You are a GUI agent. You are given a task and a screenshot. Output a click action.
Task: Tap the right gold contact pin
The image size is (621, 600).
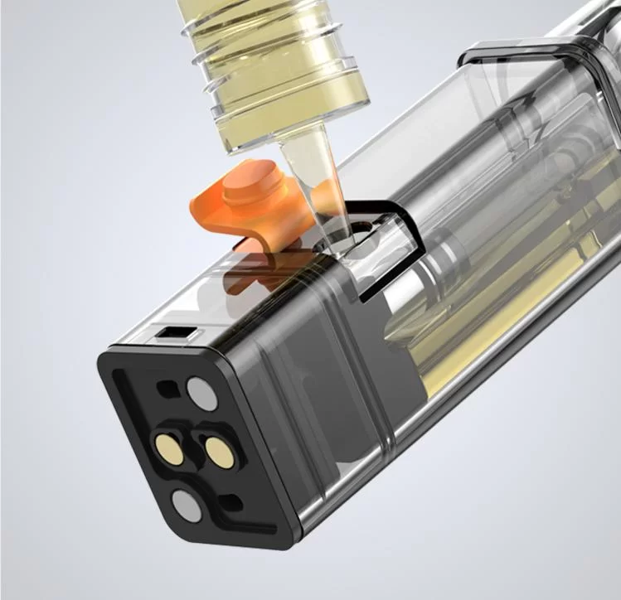point(220,452)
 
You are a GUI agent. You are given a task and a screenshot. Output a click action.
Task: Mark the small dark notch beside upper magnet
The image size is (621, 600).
point(169,387)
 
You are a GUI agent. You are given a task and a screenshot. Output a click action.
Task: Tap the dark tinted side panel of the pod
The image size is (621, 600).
point(332,390)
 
